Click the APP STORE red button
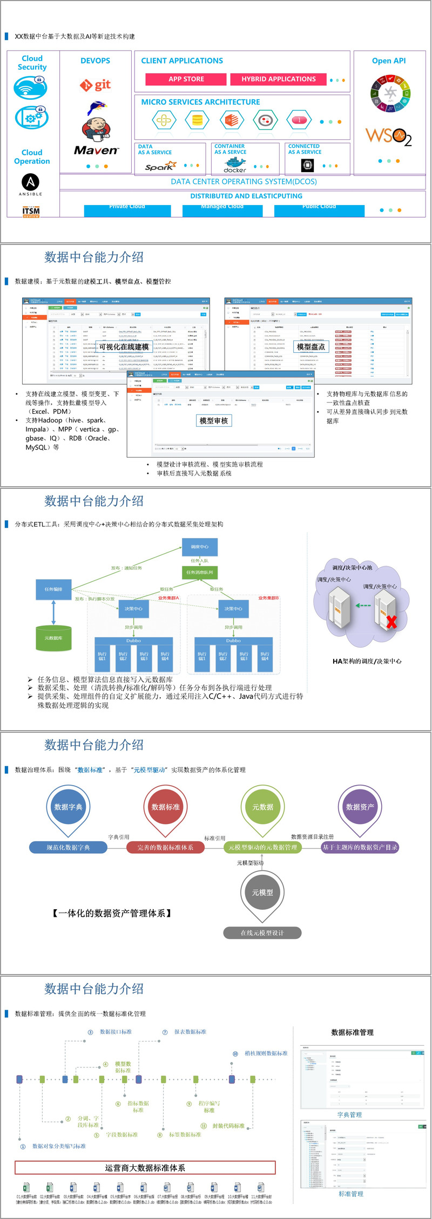tap(186, 79)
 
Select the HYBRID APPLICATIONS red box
tap(278, 79)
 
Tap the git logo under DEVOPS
tap(96, 85)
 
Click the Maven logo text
tap(96, 151)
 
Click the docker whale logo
tap(235, 165)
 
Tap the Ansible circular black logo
tap(30, 182)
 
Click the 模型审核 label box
tap(214, 420)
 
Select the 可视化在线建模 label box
tap(124, 347)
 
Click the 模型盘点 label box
tap(311, 347)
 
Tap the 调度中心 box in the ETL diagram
tap(199, 547)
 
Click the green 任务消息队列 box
tap(199, 572)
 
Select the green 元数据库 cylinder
tap(53, 638)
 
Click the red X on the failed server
tap(391, 622)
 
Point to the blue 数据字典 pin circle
tap(69, 807)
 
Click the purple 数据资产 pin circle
tap(360, 807)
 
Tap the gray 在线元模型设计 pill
tap(262, 932)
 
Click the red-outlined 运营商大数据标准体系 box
tap(145, 1168)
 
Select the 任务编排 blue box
tap(53, 589)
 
